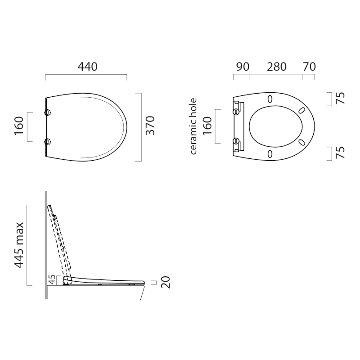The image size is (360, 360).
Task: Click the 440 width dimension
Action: click(87, 67)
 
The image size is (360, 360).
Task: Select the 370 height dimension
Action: click(151, 126)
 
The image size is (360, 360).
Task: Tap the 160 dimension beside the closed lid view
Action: click(19, 126)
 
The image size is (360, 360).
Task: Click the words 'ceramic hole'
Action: click(193, 126)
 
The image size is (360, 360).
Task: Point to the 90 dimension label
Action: click(243, 67)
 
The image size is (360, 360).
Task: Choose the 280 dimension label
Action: click(276, 67)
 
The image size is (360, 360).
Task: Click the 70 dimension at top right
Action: click(309, 67)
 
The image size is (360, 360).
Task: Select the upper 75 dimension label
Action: click(341, 98)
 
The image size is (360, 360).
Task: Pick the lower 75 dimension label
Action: click(341, 153)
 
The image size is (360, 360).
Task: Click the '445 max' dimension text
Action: click(19, 245)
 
